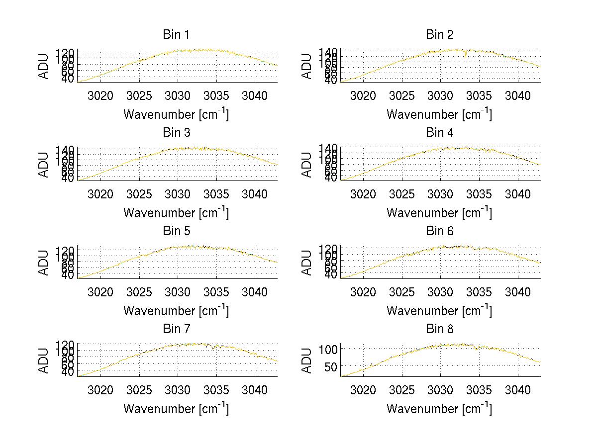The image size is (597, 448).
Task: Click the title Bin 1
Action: point(176,35)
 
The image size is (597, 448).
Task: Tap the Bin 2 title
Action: point(439,35)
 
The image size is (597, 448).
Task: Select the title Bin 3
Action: point(176,133)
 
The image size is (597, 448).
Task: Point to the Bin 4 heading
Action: point(439,133)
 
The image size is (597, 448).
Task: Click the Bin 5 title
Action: point(176,231)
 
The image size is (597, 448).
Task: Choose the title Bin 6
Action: point(439,231)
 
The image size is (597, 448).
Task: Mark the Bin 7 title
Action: point(176,329)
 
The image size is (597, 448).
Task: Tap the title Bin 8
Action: point(439,329)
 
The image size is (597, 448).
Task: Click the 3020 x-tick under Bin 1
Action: point(101,95)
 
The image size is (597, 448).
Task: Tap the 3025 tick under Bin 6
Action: point(402,292)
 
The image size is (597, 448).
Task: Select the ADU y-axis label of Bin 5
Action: point(44,263)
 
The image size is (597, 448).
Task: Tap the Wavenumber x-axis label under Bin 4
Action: point(439,213)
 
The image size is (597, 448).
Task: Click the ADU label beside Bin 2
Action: point(307,67)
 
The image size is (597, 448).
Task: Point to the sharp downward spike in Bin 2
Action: point(466,55)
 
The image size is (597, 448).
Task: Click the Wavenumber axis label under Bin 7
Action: point(176,409)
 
